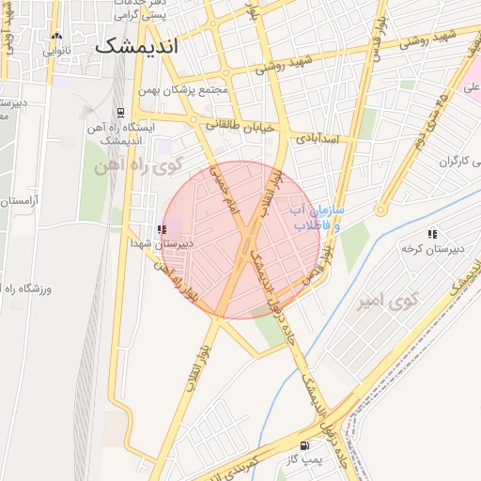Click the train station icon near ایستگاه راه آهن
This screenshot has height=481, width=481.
coord(119,112)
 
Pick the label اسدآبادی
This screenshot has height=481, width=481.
coord(321,137)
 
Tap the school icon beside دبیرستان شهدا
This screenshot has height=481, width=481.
coord(162,227)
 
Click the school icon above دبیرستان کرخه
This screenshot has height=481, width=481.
coord(431,234)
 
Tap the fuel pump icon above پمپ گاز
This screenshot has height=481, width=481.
coord(303,445)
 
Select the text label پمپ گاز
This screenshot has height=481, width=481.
coord(303,459)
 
